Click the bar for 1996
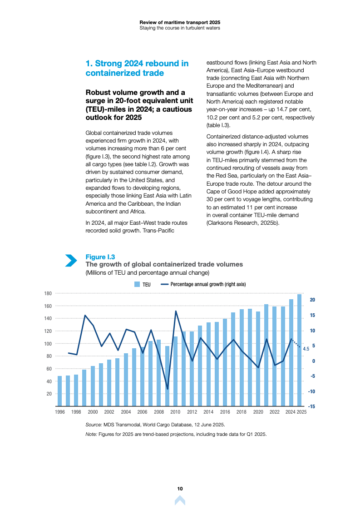[x=59, y=391]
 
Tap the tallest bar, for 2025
[x=299, y=350]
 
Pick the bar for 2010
[x=175, y=371]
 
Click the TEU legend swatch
[x=137, y=285]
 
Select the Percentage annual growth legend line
[x=165, y=285]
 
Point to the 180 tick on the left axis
[x=48, y=293]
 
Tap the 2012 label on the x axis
[x=192, y=412]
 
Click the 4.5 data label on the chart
[x=306, y=349]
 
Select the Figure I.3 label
[x=100, y=257]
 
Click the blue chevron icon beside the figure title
[x=71, y=260]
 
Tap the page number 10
[x=180, y=489]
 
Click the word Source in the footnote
[x=94, y=425]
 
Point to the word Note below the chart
[x=91, y=434]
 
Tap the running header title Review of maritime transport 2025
[x=180, y=22]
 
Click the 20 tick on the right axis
[x=312, y=300]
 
